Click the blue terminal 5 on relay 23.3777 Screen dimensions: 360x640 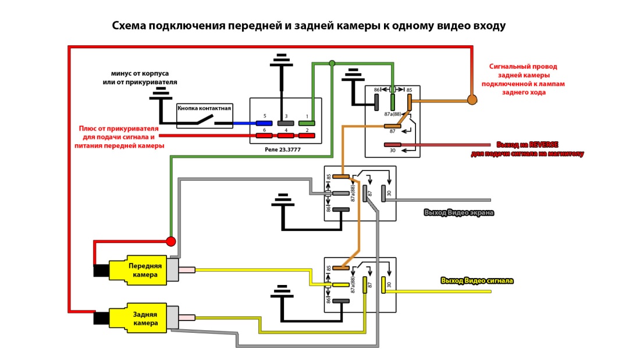(264, 123)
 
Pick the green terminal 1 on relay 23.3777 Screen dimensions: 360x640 (307, 123)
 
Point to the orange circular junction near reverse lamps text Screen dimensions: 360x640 (472, 99)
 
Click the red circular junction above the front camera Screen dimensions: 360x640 (171, 241)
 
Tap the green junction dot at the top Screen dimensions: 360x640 (332, 63)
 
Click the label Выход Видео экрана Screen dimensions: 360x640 (459, 213)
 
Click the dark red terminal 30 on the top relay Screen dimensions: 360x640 (392, 144)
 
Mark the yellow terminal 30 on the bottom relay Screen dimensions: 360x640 (384, 285)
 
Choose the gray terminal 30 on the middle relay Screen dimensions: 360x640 (384, 193)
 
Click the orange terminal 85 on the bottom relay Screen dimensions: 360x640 (341, 268)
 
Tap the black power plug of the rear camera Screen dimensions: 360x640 (101, 318)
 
